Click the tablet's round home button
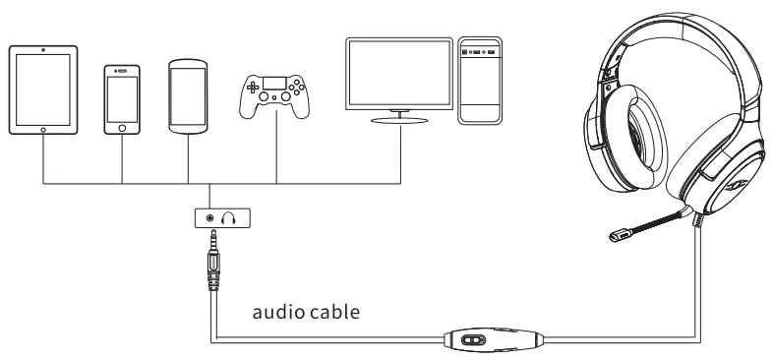[43, 129]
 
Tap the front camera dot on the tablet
[43, 48]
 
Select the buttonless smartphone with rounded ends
[186, 95]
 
